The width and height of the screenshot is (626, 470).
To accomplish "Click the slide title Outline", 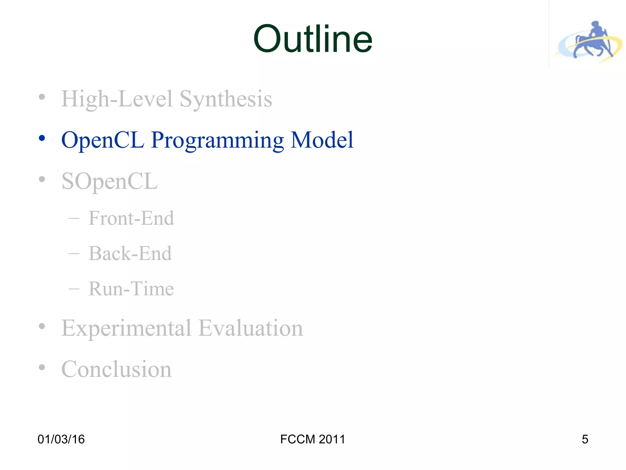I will coord(313,39).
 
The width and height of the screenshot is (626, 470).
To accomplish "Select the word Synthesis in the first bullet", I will coord(226,99).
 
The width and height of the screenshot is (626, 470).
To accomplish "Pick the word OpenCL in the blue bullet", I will coord(103,140).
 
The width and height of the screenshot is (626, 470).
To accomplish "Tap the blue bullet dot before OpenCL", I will coord(42,138).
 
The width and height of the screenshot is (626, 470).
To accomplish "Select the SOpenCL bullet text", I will coord(109,181).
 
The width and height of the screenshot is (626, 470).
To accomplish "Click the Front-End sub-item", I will coord(131,218).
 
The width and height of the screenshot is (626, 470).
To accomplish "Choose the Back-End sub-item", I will coord(130,253).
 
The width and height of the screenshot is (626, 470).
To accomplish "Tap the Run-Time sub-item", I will coord(131,289).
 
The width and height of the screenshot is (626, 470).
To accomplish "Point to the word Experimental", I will coord(126,328).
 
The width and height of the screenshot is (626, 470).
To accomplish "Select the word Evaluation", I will coord(251,328).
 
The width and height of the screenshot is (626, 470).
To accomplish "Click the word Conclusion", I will coord(116,369).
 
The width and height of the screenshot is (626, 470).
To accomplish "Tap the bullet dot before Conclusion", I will coord(42,367).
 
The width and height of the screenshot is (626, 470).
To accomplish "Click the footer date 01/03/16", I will coord(61,439).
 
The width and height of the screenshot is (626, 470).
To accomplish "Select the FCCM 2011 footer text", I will coord(312,439).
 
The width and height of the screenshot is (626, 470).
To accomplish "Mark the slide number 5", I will coord(585,439).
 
